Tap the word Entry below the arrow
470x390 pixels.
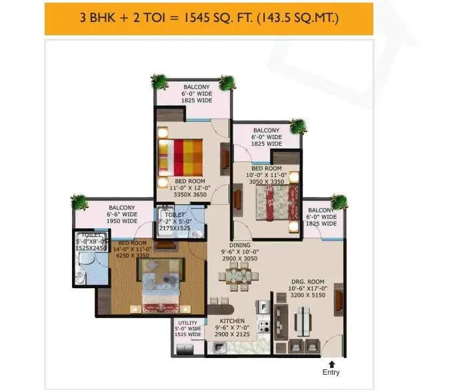[331, 372]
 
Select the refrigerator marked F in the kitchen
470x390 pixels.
[263, 307]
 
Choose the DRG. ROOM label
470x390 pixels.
[309, 282]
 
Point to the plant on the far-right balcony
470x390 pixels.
[340, 202]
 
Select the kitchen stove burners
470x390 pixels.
[264, 327]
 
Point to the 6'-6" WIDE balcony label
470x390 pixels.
[122, 214]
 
